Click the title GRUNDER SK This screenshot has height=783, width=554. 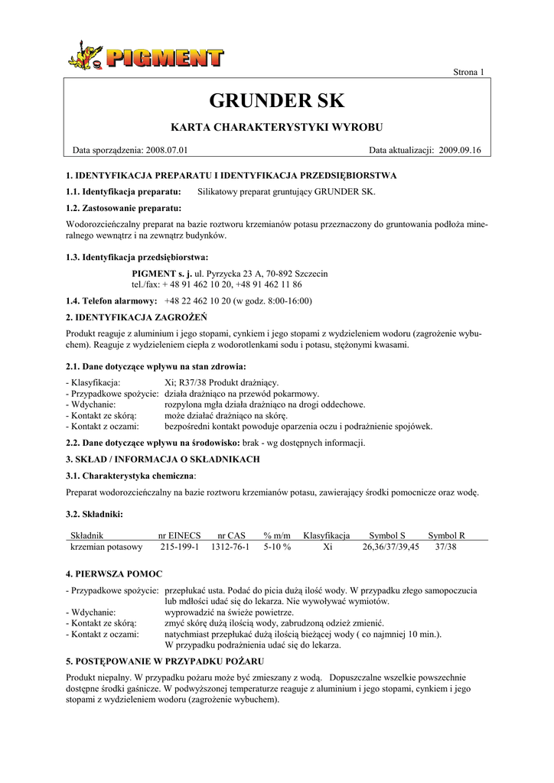click(277, 100)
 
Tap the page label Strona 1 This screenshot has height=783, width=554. click(469, 72)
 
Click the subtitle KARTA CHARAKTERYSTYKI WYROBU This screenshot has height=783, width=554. click(276, 126)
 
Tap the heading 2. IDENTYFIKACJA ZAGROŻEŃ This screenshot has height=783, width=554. click(137, 317)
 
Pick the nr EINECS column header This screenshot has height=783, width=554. click(179, 535)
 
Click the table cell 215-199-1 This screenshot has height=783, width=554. click(179, 547)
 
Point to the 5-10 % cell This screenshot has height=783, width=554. click(277, 547)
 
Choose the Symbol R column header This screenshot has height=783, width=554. click(446, 535)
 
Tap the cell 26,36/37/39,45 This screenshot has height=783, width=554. click(390, 547)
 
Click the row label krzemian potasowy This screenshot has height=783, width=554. click(106, 547)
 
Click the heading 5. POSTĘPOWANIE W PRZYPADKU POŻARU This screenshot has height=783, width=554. click(165, 661)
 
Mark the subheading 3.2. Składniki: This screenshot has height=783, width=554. click(95, 513)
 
